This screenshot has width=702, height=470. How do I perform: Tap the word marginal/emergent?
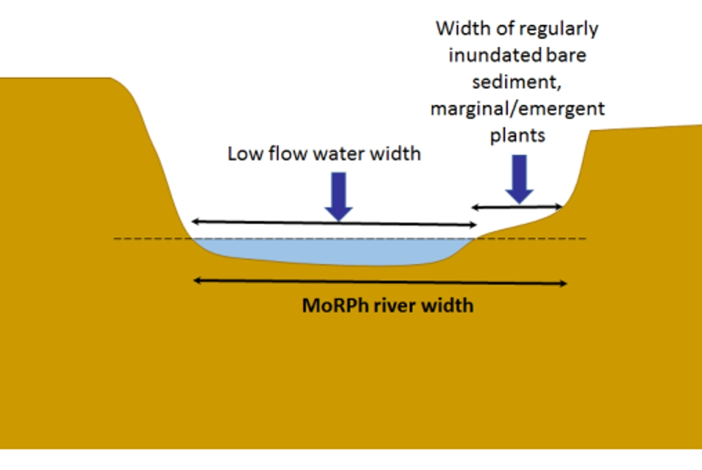click(x=517, y=109)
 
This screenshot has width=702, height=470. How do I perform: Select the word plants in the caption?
click(x=518, y=135)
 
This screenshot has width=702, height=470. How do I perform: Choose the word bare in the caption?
click(x=567, y=55)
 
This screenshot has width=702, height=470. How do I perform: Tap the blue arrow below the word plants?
click(x=519, y=178)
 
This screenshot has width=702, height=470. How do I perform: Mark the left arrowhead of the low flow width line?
click(x=195, y=222)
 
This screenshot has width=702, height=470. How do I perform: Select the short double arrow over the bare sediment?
click(x=518, y=207)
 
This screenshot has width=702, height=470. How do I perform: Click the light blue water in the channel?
click(x=332, y=252)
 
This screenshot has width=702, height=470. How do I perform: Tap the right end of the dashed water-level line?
click(x=585, y=239)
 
